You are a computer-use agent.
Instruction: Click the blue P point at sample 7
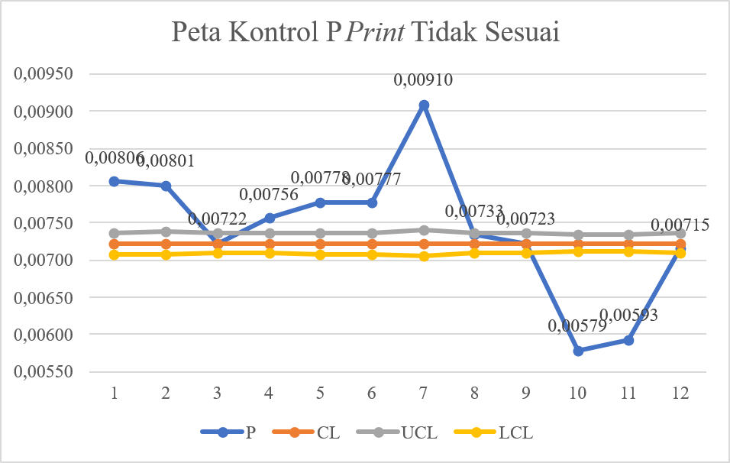tap(424, 105)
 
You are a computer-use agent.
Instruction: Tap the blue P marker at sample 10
tap(578, 351)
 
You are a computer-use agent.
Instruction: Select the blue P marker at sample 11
tap(628, 340)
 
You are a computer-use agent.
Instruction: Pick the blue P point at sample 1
tap(115, 181)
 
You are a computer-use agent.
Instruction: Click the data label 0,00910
tap(423, 79)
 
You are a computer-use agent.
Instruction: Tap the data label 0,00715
tap(680, 225)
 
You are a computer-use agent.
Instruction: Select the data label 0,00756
tap(268, 195)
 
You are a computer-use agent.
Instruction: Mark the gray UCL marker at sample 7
tap(424, 229)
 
